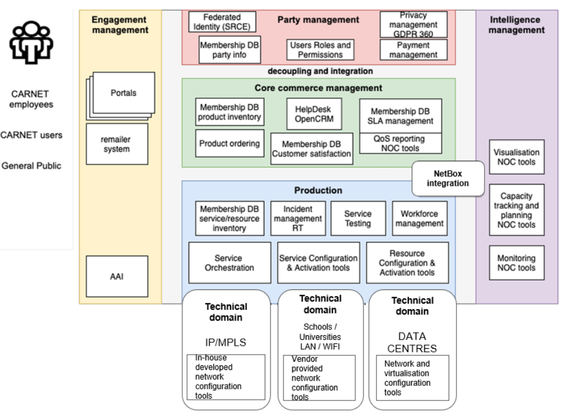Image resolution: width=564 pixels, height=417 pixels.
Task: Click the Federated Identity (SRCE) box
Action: (x=222, y=22)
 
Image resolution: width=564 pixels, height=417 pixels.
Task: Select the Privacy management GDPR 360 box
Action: (x=413, y=24)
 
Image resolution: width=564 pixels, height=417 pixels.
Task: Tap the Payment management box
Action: (x=413, y=50)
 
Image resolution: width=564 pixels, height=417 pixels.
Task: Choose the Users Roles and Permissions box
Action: (x=321, y=50)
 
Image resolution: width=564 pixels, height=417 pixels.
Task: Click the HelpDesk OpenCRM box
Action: (x=313, y=114)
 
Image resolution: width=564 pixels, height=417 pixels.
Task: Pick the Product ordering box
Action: (x=229, y=144)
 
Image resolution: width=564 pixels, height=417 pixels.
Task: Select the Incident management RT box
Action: (x=298, y=219)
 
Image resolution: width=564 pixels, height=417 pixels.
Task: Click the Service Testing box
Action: (x=358, y=219)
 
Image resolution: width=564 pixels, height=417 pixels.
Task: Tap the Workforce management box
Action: (x=419, y=219)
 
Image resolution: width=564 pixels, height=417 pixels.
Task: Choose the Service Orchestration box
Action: (x=229, y=263)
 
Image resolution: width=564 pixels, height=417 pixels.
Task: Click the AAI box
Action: (x=116, y=276)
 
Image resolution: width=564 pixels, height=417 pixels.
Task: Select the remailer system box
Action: (x=116, y=144)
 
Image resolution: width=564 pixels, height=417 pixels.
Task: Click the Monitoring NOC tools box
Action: (x=516, y=263)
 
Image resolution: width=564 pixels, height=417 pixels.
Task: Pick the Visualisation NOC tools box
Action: (x=516, y=156)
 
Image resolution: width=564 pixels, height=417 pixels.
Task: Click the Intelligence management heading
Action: (x=516, y=24)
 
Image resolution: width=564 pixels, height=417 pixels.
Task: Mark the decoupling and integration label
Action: (x=321, y=72)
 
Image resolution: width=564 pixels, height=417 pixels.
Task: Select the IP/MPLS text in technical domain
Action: (x=226, y=341)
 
